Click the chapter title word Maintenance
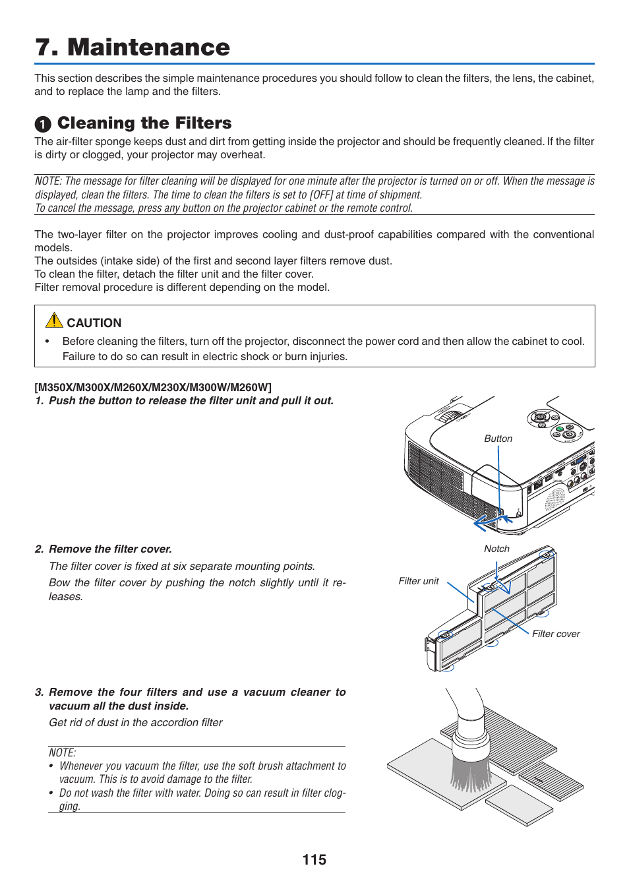pos(148,47)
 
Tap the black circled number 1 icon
pos(43,125)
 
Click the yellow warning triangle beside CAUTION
pos(54,321)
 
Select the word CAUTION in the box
pos(94,323)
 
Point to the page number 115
pos(314,860)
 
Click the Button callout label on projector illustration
pos(498,439)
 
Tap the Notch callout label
pos(496,549)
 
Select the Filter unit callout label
pos(418,581)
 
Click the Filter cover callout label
pos(556,634)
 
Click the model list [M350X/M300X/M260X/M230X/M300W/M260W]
pos(153,387)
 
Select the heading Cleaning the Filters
pos(144,123)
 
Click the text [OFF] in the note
pos(321,195)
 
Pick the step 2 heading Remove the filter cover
pos(110,549)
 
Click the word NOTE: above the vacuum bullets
pos(62,752)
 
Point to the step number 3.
pos(39,692)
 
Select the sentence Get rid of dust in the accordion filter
pos(136,722)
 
